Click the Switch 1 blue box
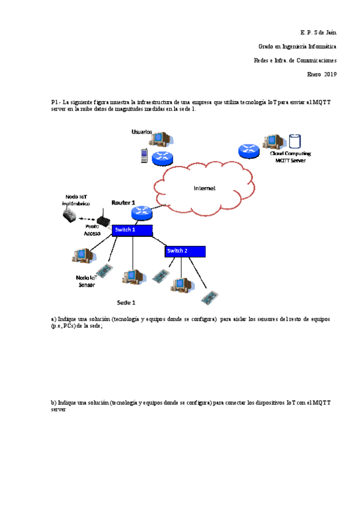coord(132,230)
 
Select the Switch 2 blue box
coord(186,251)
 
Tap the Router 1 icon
coord(142,212)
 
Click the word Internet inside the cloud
coord(204,188)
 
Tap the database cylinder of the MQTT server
coord(294,141)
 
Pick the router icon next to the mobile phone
coord(162,158)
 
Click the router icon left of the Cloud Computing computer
coord(248,151)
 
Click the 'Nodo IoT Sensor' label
coord(87,281)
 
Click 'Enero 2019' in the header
coord(322,75)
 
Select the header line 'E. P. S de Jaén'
coord(318,31)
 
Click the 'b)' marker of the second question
coord(53,402)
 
